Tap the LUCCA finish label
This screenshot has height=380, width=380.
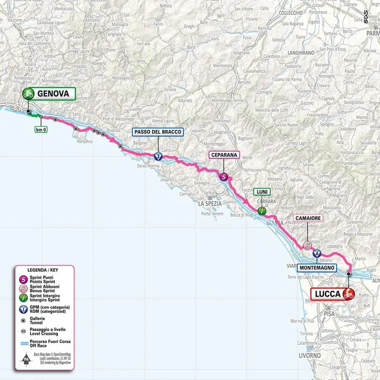(x=326, y=293)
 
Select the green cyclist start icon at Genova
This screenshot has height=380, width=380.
(x=28, y=94)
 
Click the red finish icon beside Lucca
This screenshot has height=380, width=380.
(x=348, y=293)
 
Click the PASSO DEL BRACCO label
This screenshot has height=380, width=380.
(x=157, y=132)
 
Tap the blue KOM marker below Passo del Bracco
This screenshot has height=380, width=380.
(x=157, y=156)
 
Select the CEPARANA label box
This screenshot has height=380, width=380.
(x=224, y=155)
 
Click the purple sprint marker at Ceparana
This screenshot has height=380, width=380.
(x=224, y=177)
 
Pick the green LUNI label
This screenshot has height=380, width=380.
(x=261, y=192)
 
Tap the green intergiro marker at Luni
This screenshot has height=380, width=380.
(x=262, y=211)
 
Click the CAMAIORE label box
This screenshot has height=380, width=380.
(x=308, y=217)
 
